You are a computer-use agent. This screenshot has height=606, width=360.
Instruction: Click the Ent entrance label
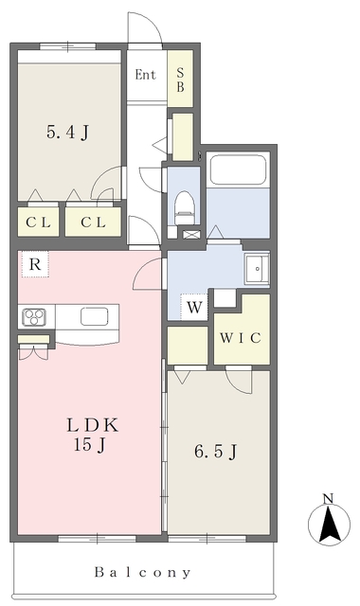[x=145, y=75]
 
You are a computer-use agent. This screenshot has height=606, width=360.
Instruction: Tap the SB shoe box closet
[x=180, y=79]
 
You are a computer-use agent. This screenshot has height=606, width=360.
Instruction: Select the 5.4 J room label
[x=67, y=133]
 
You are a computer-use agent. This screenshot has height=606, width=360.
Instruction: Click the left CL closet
[x=38, y=222]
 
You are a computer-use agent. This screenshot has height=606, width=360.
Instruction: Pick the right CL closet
[x=93, y=222]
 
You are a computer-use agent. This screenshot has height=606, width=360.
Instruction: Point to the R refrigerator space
[x=35, y=264]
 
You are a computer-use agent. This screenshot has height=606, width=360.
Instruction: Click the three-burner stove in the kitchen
[x=34, y=317]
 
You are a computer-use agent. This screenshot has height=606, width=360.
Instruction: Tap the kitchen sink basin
[x=95, y=316]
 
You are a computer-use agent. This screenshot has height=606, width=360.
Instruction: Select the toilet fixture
[x=184, y=208]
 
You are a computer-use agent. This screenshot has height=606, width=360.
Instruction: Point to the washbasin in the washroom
[x=257, y=269]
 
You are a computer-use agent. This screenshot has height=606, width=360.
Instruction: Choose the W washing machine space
[x=194, y=308]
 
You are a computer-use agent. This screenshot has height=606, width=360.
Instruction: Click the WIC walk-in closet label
[x=240, y=338]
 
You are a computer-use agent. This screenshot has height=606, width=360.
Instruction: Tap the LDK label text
[x=92, y=425]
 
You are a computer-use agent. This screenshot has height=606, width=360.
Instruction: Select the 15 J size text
[x=90, y=445]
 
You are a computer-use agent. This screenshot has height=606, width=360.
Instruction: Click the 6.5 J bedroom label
[x=215, y=452]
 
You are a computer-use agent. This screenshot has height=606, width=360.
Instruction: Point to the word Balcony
[x=143, y=572]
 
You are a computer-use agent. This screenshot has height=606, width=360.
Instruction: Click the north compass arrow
[x=329, y=524]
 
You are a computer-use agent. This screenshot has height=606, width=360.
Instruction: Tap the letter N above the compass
[x=329, y=499]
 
